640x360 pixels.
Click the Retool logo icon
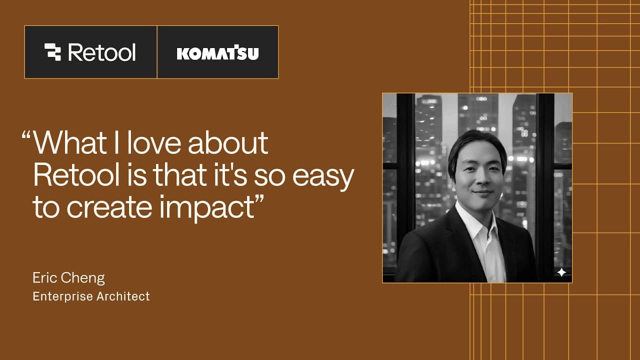52,52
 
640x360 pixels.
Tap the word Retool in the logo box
102,52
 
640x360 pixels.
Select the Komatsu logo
217,52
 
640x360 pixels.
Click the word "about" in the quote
228,143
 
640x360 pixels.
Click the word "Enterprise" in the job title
63,296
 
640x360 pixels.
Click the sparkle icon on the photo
561,272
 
